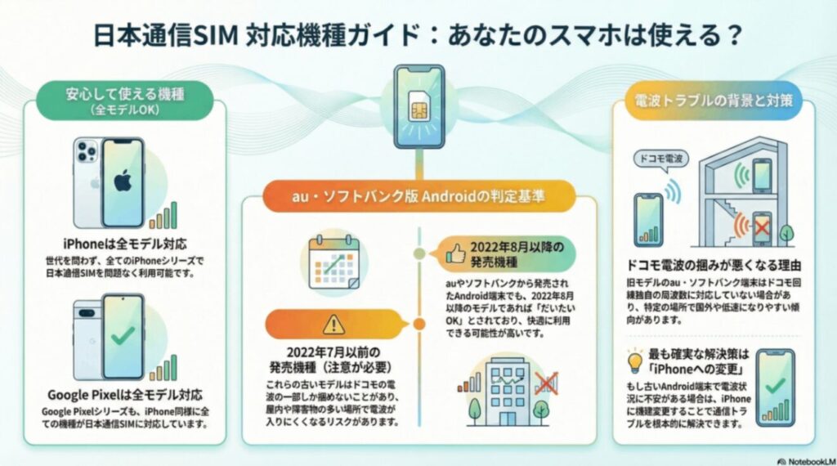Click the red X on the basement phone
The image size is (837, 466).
[761, 229]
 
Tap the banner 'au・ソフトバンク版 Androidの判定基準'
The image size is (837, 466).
[418, 198]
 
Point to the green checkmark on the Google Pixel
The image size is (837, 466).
[123, 336]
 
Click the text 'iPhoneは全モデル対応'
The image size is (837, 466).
[125, 244]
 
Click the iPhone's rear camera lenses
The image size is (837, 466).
[87, 152]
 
